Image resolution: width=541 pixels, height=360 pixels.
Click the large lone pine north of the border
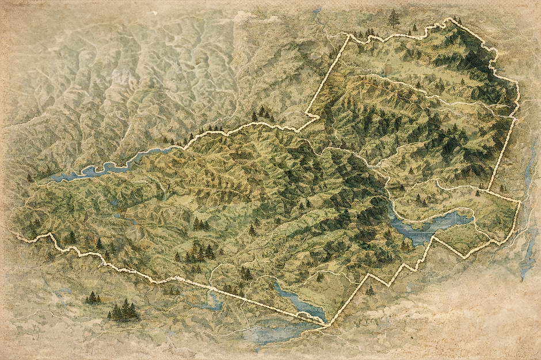(x=394, y=18)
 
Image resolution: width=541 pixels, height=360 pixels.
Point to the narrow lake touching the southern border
(x=299, y=302)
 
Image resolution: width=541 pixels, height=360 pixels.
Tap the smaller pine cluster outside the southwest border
(x=92, y=298)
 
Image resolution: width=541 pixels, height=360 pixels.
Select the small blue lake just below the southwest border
(x=213, y=302)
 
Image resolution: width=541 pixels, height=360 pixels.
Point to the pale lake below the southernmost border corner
(x=276, y=334)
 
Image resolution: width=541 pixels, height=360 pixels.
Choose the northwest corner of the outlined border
(x=349, y=36)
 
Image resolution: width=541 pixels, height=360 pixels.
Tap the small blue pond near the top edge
(x=316, y=10)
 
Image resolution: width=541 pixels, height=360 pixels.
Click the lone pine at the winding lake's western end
(x=29, y=178)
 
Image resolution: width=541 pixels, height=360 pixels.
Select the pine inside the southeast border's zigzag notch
(x=369, y=290)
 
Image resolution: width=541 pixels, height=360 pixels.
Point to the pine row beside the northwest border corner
(x=363, y=33)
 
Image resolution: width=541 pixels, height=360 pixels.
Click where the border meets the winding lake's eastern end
(x=183, y=147)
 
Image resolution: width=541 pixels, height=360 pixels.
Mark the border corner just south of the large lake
(x=433, y=238)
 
